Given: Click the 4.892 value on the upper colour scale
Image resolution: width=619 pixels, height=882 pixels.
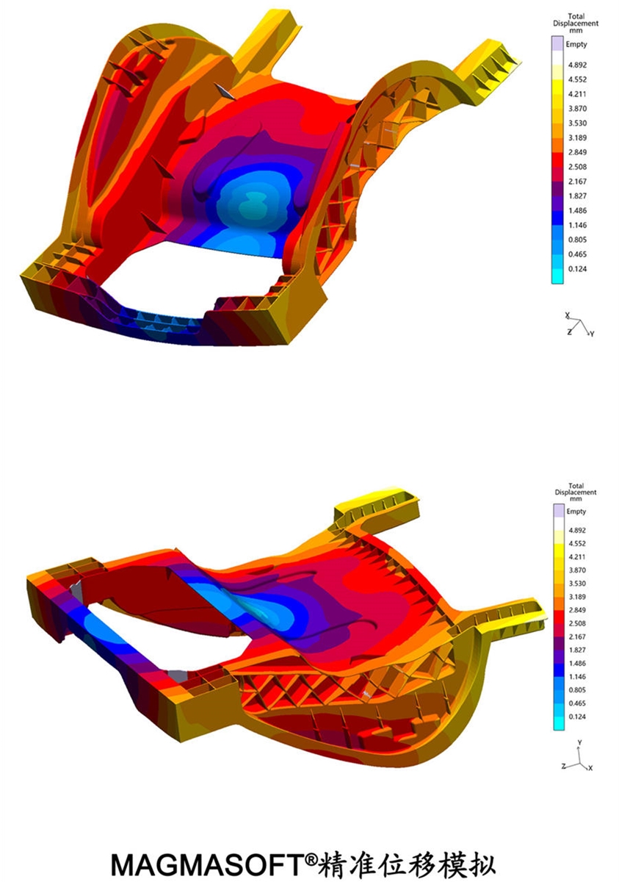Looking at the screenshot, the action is point(577,65).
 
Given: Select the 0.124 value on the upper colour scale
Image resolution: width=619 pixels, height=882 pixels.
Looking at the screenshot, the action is point(577,269).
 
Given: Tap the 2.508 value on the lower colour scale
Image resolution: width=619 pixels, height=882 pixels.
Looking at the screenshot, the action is point(577,623).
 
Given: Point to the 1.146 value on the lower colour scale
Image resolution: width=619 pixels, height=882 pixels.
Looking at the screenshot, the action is point(577,676).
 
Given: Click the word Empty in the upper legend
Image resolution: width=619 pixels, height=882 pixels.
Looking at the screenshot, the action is point(576,45).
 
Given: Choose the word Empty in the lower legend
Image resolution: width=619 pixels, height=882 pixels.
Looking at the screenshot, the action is point(576,512).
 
